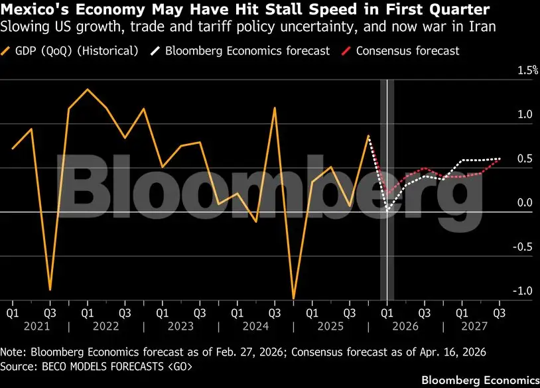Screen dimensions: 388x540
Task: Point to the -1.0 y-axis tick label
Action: pos(506,291)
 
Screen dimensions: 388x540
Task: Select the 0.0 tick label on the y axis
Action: pos(507,203)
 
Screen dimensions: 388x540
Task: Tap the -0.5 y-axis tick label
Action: pos(506,247)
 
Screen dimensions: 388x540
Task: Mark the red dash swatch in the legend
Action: pos(346,50)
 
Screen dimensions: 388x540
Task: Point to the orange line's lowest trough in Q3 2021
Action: pos(50,290)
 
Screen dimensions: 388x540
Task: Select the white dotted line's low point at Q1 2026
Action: pos(387,211)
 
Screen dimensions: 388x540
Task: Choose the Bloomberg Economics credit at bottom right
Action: pos(480,380)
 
